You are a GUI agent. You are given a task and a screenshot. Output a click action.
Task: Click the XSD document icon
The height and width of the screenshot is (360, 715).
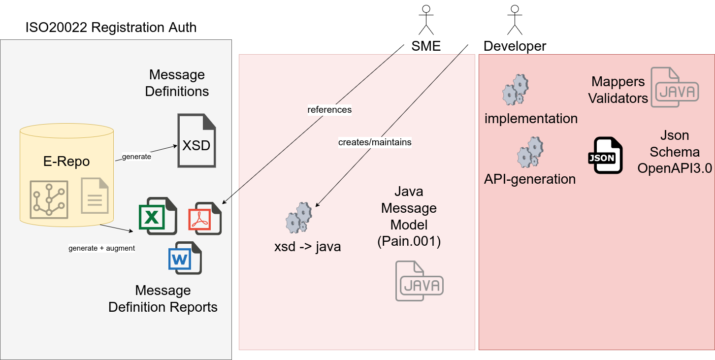196,141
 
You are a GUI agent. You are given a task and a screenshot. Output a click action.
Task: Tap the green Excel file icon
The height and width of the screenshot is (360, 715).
158,215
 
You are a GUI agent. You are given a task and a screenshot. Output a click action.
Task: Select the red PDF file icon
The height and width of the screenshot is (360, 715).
205,218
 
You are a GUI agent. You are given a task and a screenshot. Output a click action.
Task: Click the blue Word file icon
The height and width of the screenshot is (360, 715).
185,257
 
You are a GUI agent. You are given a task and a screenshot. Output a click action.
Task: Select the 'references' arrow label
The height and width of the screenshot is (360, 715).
329,109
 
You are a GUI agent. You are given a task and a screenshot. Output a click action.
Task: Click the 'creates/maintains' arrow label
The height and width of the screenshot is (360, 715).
375,142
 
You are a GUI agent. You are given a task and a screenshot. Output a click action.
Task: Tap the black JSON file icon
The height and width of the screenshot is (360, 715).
605,155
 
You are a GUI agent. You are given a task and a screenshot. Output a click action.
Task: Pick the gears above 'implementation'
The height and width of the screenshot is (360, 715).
515,90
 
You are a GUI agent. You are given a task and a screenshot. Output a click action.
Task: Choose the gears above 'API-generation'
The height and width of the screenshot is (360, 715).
530,152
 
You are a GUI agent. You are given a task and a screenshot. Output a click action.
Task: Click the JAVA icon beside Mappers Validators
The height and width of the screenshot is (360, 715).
675,87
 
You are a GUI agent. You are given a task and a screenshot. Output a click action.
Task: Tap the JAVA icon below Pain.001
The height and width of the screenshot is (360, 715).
420,281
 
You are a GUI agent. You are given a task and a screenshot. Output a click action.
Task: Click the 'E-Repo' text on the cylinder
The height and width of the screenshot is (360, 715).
66,162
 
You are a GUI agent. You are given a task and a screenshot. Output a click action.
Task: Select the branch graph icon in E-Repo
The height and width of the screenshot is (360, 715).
48,199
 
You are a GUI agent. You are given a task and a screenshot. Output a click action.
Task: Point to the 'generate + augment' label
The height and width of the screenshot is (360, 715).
101,248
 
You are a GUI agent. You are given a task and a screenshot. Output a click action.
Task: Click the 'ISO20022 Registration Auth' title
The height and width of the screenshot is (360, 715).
111,27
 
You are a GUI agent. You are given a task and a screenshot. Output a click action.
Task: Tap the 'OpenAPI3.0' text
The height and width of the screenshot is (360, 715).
675,168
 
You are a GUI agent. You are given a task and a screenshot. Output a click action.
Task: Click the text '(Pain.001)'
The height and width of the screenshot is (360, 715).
409,241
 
